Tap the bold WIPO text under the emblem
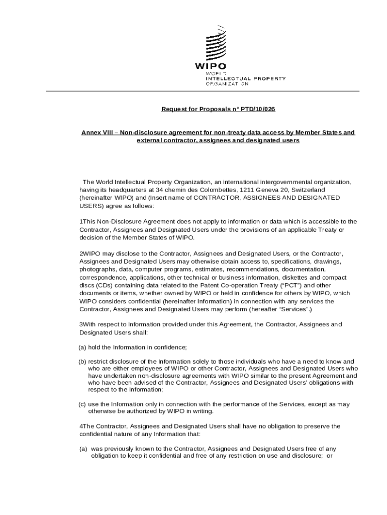(211, 66)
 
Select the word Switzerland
(307, 190)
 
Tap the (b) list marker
(82, 362)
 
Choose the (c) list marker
(82, 404)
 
